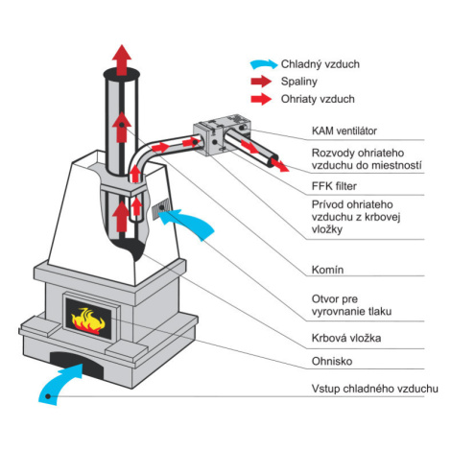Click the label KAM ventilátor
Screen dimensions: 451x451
(x=344, y=131)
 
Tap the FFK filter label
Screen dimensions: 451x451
(x=334, y=186)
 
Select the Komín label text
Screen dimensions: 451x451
(x=327, y=270)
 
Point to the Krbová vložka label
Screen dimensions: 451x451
(x=346, y=338)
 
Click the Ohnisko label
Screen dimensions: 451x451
(x=332, y=361)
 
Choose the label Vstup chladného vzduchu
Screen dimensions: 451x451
(x=375, y=389)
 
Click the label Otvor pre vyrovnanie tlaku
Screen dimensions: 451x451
(x=351, y=305)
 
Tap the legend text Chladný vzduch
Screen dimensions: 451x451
(x=320, y=64)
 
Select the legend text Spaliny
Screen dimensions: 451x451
(x=299, y=82)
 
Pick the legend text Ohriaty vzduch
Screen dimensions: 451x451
(x=318, y=99)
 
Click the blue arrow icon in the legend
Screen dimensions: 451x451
(x=264, y=64)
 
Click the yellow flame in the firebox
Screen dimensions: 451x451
(x=88, y=319)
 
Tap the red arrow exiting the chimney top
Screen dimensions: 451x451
(x=122, y=59)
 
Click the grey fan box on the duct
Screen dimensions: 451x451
(x=222, y=134)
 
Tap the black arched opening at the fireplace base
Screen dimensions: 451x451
(x=77, y=363)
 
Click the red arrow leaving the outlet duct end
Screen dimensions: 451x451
(x=281, y=165)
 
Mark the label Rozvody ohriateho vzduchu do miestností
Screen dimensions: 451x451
(x=367, y=159)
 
